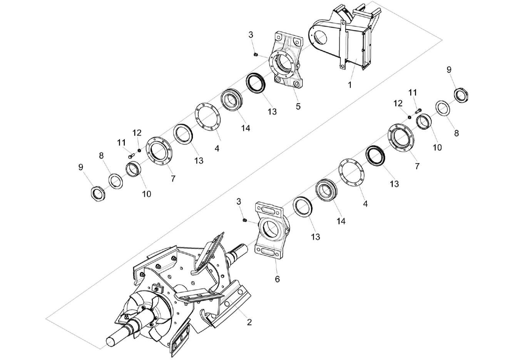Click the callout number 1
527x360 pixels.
click(350, 85)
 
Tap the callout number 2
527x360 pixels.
click(249, 322)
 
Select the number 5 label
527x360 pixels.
click(298, 106)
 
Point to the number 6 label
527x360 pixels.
click(277, 279)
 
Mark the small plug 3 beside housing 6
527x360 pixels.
click(244, 220)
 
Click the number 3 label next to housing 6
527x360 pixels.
click(239, 202)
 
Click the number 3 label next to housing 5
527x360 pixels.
click(251, 35)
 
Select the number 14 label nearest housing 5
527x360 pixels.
click(246, 128)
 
